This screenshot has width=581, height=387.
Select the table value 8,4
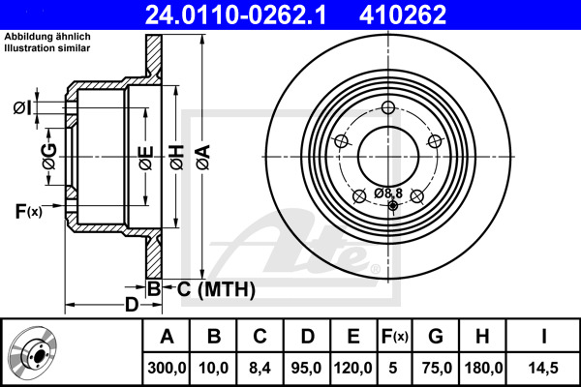[260, 368]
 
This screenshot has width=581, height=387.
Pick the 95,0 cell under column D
[305, 368]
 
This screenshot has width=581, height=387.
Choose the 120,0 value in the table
[352, 368]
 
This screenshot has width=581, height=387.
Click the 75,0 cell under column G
[436, 368]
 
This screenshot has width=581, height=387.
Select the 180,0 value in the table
[481, 368]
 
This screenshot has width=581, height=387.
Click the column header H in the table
[481, 337]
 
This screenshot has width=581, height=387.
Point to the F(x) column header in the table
[392, 337]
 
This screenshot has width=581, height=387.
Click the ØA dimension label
[201, 155]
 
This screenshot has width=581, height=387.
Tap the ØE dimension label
[145, 155]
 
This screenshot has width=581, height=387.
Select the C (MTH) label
[215, 288]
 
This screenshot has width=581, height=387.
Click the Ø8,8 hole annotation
[388, 193]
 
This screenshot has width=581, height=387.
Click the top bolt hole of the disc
[389, 108]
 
